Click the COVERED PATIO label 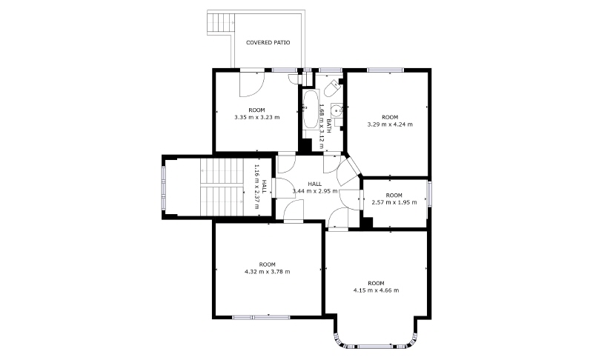[268, 43]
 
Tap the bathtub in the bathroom [311, 109]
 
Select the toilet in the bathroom [332, 88]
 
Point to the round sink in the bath [337, 111]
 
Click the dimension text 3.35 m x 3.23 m [257, 117]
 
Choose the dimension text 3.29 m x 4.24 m [390, 124]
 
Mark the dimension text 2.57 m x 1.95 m [394, 202]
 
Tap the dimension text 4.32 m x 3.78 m [268, 272]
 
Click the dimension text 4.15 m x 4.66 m [376, 290]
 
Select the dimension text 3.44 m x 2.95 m [314, 191]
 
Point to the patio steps [219, 24]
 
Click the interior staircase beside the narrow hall [221, 187]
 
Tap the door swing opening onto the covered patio [251, 84]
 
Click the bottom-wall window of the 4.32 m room [261, 317]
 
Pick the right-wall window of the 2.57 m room [429, 194]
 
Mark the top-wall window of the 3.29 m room [385, 70]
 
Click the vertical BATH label [328, 126]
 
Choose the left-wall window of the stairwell [164, 187]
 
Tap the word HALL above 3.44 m [314, 184]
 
